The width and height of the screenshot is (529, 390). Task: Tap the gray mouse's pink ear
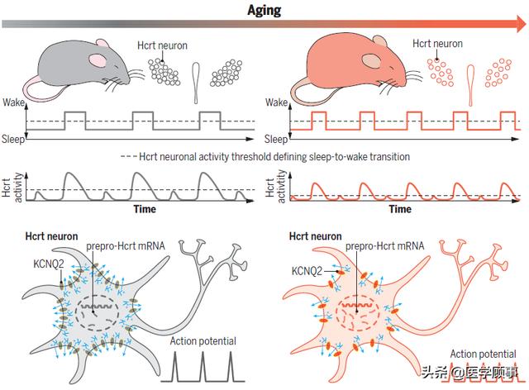click(98, 59)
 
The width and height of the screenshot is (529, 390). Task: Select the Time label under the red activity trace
click(401, 210)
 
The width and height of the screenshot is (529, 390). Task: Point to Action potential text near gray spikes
click(202, 340)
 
